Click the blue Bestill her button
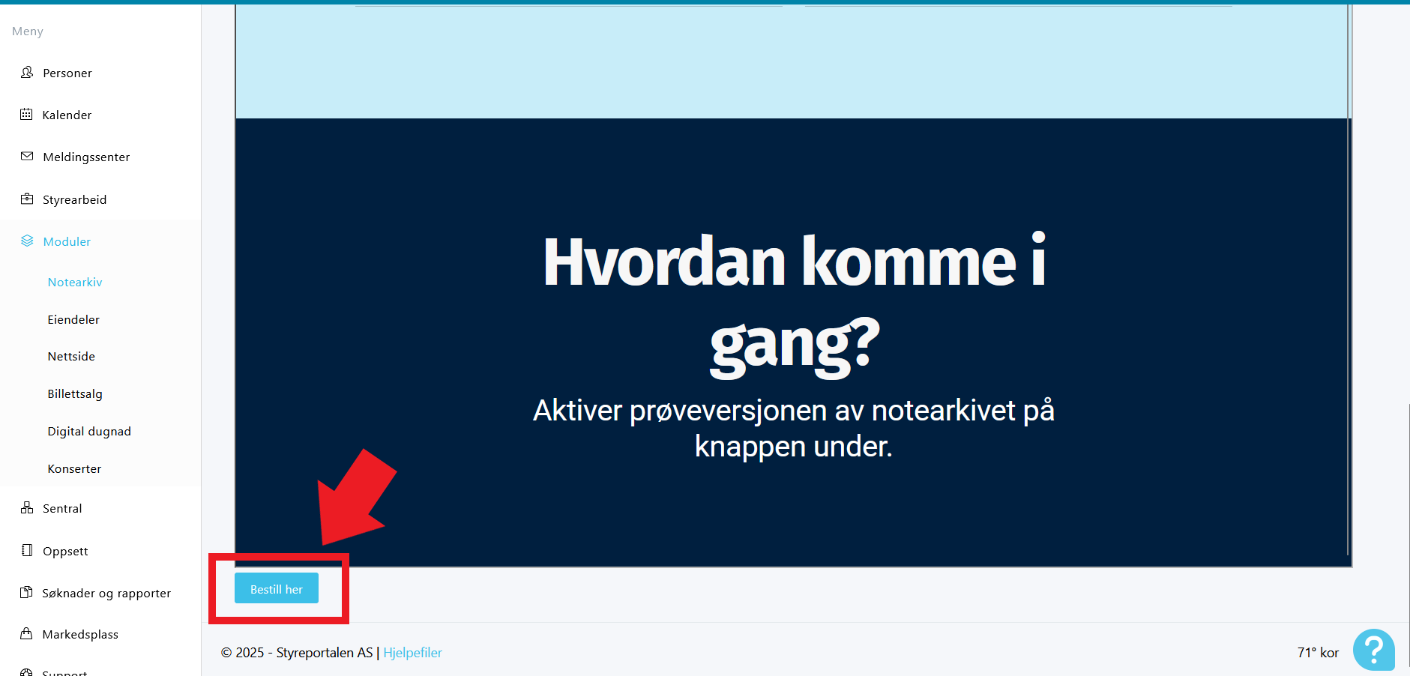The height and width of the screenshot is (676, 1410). click(277, 588)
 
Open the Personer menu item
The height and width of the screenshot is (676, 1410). click(67, 73)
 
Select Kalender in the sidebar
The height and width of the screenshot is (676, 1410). click(67, 115)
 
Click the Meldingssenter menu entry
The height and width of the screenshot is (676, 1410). click(86, 157)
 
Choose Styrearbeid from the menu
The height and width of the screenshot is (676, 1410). click(74, 199)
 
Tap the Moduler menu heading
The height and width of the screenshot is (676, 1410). click(67, 241)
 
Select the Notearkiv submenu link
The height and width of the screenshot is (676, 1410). click(75, 282)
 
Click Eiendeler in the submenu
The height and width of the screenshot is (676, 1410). click(73, 319)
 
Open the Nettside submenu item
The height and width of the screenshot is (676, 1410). click(71, 356)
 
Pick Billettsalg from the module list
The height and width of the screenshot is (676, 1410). click(75, 393)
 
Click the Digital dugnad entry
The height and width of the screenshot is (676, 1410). click(89, 431)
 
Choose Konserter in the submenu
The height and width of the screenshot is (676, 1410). click(74, 468)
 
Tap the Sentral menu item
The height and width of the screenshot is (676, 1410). click(62, 508)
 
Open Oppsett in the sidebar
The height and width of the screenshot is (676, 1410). click(65, 551)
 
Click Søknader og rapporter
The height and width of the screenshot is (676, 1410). click(106, 593)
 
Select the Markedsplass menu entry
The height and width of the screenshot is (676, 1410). click(80, 634)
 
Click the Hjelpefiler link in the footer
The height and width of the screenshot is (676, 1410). click(412, 653)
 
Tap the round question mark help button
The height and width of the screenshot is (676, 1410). click(1373, 650)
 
